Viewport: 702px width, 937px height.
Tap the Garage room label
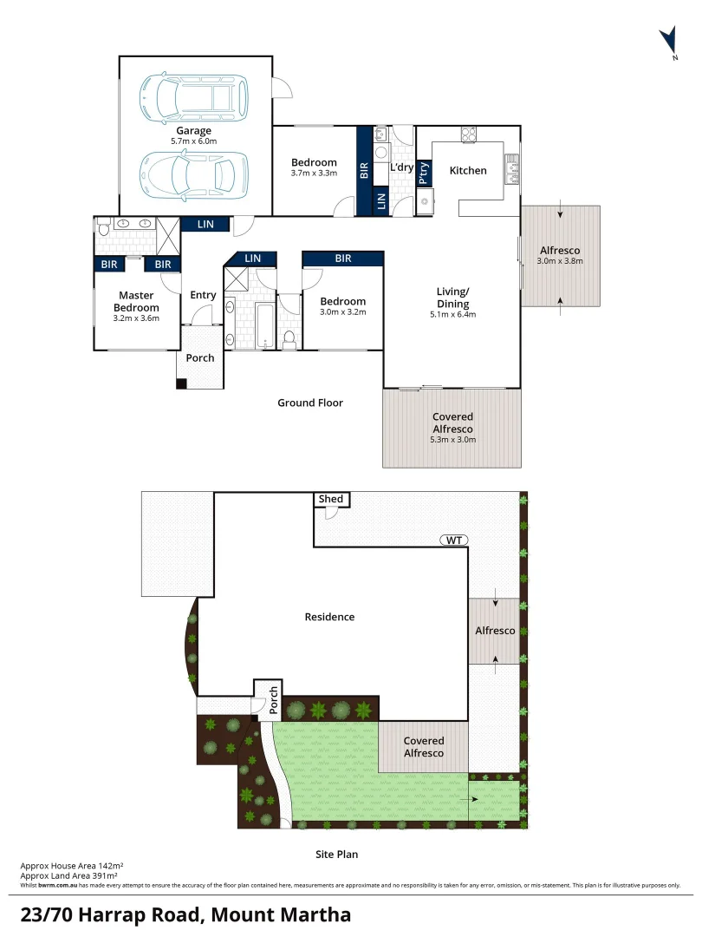point(194,131)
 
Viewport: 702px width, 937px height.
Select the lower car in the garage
point(194,174)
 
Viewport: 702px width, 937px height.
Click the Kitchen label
point(468,171)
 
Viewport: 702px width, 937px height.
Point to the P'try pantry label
point(423,174)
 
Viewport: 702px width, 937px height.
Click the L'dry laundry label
point(401,167)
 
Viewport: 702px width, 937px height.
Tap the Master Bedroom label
point(136,302)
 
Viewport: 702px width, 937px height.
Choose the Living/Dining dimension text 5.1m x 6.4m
point(452,315)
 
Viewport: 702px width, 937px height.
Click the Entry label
point(203,295)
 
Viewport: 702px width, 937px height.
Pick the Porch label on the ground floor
point(200,358)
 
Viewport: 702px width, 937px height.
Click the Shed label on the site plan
point(331,499)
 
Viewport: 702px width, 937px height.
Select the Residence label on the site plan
point(329,617)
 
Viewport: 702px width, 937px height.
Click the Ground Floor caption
point(310,403)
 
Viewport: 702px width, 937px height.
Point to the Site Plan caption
point(336,855)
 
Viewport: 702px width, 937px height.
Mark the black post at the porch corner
point(181,383)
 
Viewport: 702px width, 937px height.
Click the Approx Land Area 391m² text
point(68,875)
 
